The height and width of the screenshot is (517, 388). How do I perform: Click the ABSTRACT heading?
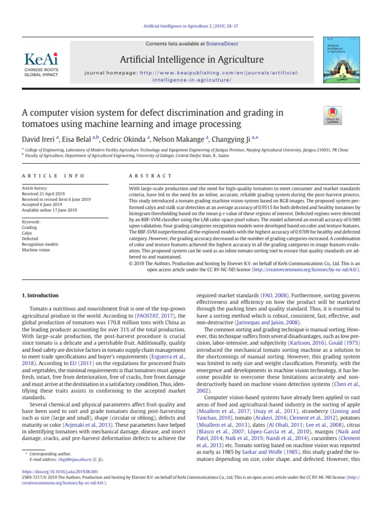coord(151,175)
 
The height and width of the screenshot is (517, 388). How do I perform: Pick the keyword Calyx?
coord(27,233)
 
